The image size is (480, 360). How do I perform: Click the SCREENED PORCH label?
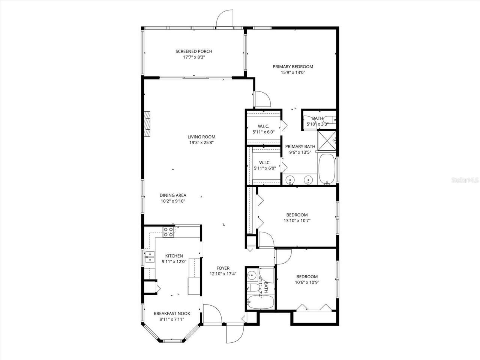pyautogui.click(x=194, y=51)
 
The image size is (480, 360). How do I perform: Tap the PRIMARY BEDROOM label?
pyautogui.click(x=292, y=67)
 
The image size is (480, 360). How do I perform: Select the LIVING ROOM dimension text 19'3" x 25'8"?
pyautogui.click(x=201, y=142)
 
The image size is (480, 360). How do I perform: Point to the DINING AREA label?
pyautogui.click(x=172, y=195)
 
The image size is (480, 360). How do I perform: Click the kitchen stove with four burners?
pyautogui.click(x=168, y=232)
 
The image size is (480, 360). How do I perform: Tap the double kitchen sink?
pyautogui.click(x=150, y=257)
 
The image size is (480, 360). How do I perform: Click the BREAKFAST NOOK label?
pyautogui.click(x=172, y=313)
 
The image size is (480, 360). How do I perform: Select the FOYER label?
pyautogui.click(x=223, y=268)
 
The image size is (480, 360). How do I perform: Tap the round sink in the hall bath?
pyautogui.click(x=252, y=274)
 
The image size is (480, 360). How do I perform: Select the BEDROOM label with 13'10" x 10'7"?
pyautogui.click(x=297, y=215)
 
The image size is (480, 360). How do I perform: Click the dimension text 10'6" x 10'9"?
pyautogui.click(x=307, y=283)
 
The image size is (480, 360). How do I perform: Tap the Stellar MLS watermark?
pyautogui.click(x=465, y=180)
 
